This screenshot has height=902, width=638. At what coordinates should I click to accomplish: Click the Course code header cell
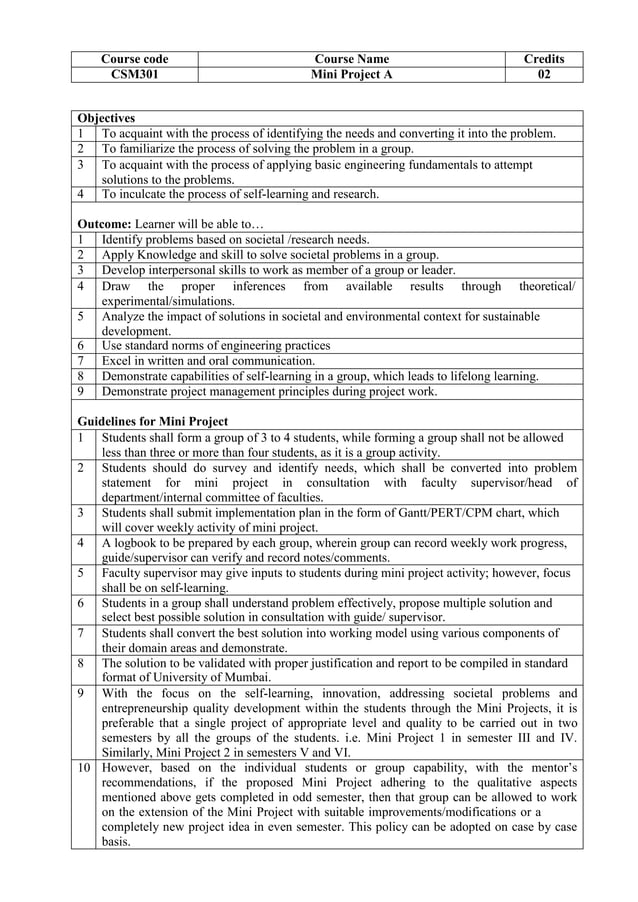point(135,59)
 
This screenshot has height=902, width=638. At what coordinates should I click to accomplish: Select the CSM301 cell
point(135,74)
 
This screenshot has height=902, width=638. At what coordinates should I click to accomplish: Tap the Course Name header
point(351,59)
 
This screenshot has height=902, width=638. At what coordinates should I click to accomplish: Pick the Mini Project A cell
point(351,74)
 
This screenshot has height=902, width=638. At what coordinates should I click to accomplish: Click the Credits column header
point(544,59)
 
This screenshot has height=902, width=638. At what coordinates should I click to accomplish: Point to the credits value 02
point(544,74)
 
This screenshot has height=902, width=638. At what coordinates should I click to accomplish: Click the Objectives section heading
point(106,118)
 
